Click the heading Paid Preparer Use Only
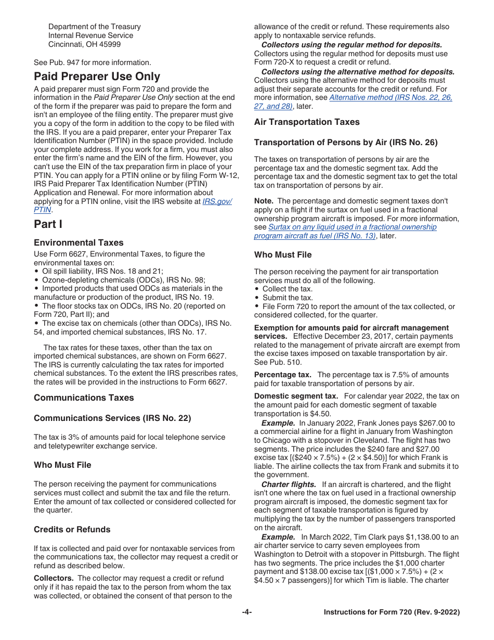pyautogui.click(x=97, y=76)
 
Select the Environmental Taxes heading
pyautogui.click(x=79, y=242)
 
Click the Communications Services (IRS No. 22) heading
pyautogui.click(x=112, y=418)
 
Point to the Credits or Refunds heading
pyautogui.click(x=72, y=529)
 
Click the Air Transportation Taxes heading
pyautogui.click(x=307, y=122)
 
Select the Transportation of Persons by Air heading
pyautogui.click(x=346, y=142)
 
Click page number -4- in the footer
pyautogui.click(x=246, y=612)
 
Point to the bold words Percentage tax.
pyautogui.click(x=282, y=375)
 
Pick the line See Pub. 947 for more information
pyautogui.click(x=93, y=62)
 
